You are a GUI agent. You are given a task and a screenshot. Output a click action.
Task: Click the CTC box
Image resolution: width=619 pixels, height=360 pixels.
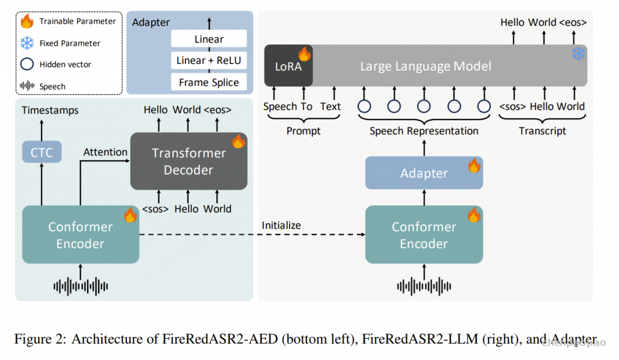tap(42, 152)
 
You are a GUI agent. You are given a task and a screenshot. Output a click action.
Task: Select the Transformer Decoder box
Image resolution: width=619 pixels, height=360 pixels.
tap(189, 161)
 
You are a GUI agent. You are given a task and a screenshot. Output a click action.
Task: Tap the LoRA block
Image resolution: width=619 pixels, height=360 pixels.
tap(288, 65)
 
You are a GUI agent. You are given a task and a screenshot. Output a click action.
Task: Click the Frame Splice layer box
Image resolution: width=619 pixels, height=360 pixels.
tap(209, 82)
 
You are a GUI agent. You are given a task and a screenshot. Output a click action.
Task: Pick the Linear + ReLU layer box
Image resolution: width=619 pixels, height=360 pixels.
tap(209, 61)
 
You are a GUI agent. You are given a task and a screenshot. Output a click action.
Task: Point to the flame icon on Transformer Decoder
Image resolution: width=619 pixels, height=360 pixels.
tap(238, 141)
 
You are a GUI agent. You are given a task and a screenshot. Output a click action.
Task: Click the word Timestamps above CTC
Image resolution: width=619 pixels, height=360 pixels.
tap(50, 111)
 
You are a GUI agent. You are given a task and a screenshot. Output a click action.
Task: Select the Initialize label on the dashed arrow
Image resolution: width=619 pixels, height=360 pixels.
tap(281, 225)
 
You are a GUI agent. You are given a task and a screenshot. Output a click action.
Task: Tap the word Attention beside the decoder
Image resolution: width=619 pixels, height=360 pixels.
tap(105, 152)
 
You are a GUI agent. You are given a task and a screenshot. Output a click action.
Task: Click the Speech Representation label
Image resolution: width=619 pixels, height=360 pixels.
tap(424, 131)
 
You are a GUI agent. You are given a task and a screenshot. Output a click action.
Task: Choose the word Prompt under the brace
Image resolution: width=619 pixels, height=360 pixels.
tap(303, 131)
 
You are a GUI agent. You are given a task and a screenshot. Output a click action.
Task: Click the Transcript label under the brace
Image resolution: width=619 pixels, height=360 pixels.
tap(542, 131)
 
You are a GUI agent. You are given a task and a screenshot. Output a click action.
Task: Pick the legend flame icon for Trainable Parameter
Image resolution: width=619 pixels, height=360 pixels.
tap(27, 22)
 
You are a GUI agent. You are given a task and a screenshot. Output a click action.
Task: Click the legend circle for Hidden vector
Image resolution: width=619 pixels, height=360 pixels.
tap(27, 64)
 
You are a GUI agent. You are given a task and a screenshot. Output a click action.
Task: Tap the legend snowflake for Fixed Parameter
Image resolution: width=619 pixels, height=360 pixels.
tap(27, 43)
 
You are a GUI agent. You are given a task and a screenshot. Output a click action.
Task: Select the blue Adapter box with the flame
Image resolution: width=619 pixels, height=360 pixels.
tap(424, 173)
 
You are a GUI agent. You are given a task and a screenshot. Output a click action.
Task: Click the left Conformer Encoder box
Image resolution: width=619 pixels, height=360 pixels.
tap(80, 235)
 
